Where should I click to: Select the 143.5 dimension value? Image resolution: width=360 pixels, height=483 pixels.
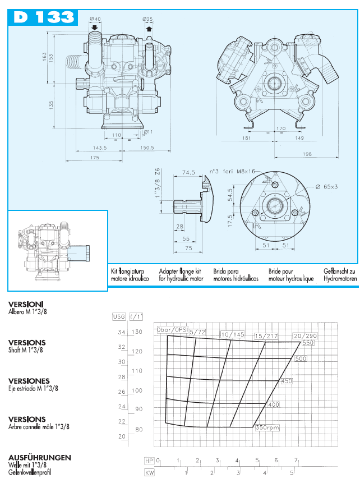99,148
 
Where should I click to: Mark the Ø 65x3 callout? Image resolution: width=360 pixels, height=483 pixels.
326,186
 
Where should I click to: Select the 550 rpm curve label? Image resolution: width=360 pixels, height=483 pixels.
308,342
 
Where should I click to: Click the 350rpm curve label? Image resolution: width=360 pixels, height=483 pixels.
267,428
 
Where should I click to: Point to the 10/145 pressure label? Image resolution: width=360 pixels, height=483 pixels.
233,335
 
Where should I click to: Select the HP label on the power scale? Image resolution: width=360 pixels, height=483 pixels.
149,461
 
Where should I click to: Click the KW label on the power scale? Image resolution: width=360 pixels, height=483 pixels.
149,473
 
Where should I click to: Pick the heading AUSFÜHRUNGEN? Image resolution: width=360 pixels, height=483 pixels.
40,458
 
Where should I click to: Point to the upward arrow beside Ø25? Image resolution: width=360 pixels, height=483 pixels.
149,28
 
